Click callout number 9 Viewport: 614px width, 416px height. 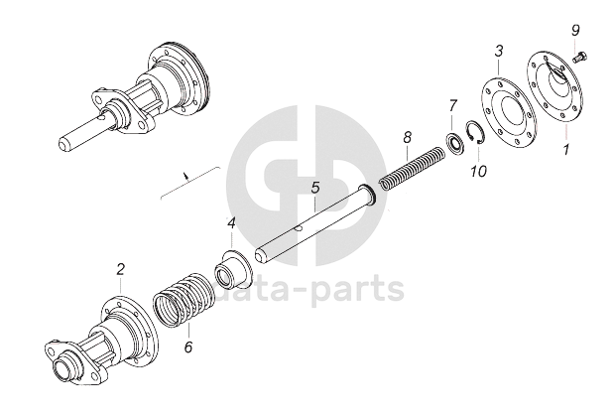point(575,32)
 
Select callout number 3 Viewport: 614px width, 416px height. point(499,51)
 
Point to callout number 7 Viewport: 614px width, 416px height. point(452,104)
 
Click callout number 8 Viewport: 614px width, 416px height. point(407,135)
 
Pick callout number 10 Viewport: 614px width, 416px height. point(479,171)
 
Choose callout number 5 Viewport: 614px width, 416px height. point(314,187)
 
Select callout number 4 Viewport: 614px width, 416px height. point(231,223)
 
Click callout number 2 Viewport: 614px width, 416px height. point(120,268)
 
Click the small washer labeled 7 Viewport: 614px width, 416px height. point(453,141)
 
